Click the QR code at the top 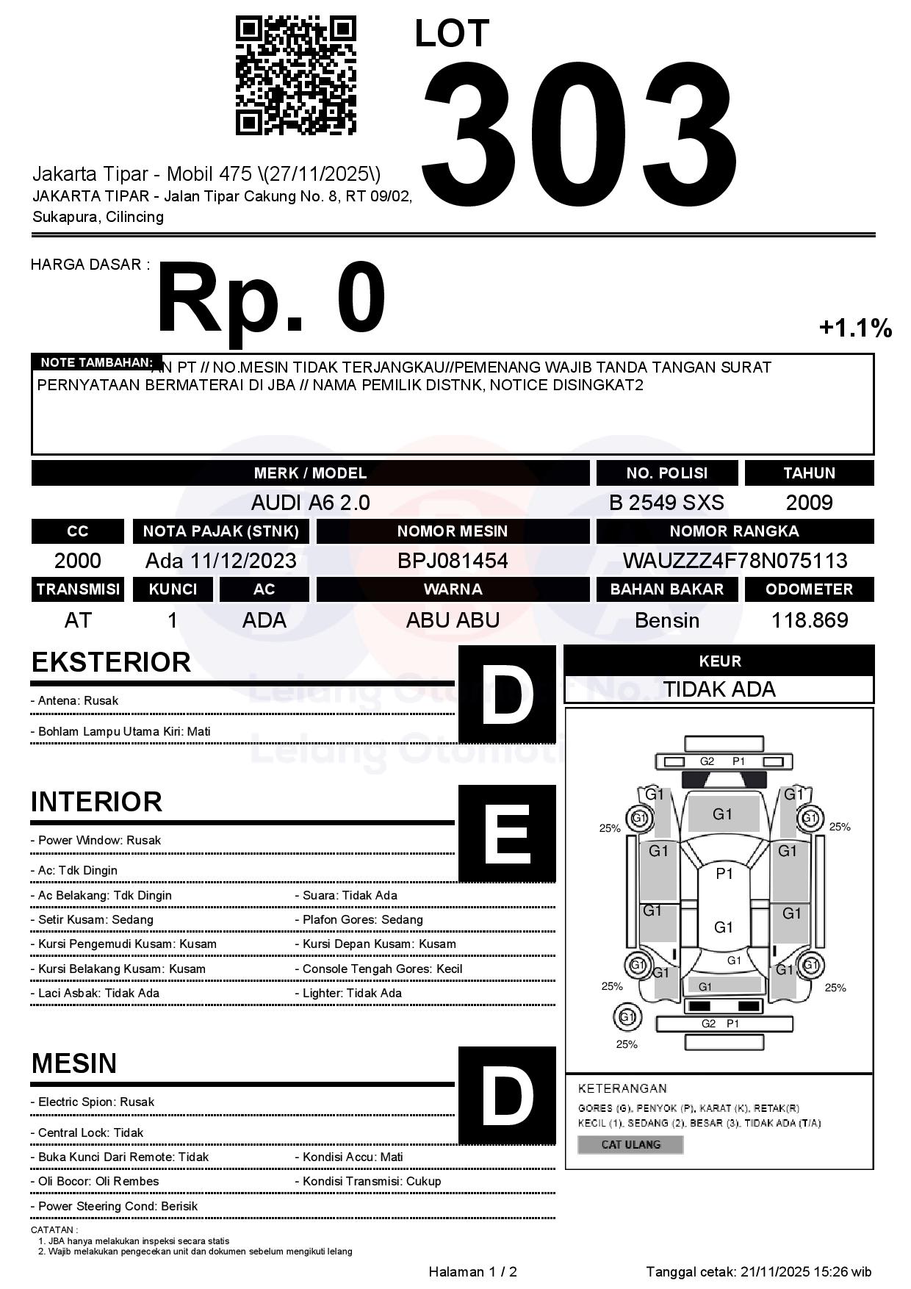click(x=295, y=76)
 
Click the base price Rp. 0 click(x=271, y=299)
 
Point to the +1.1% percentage click(x=855, y=328)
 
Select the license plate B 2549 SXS click(x=666, y=503)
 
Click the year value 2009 click(x=809, y=503)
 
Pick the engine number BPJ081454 click(x=453, y=561)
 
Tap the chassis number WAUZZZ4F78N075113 click(x=735, y=561)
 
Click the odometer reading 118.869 click(x=809, y=620)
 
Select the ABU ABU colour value click(x=453, y=620)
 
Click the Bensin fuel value click(x=666, y=620)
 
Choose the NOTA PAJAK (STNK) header click(x=220, y=531)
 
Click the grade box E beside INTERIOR click(x=507, y=833)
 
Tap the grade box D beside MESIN click(x=507, y=1095)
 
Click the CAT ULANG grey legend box click(x=630, y=1144)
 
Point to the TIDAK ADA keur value click(x=719, y=689)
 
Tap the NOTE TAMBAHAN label click(x=96, y=362)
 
